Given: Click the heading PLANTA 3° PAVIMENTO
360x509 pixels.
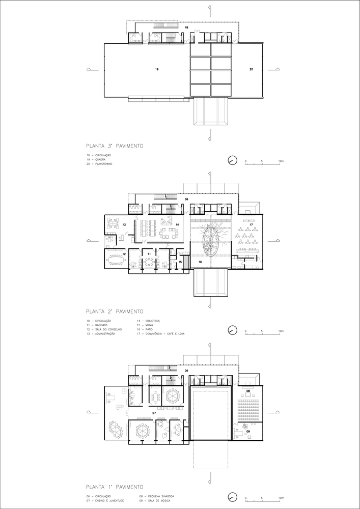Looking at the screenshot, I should point(115,146).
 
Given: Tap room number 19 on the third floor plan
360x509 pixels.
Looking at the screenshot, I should point(157,68).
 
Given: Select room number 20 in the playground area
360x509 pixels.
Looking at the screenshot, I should point(251,68).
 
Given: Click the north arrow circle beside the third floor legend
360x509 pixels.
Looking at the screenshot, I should point(232,161).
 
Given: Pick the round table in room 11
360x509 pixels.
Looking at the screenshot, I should point(149,262).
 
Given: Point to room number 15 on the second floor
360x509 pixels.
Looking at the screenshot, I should point(180,262).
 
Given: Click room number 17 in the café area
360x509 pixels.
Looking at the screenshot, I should point(251,224).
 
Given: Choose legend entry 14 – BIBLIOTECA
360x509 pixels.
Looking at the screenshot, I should point(149,321).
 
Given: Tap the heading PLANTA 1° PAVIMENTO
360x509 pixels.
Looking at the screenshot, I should point(115,486).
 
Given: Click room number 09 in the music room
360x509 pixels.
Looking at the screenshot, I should point(248,431).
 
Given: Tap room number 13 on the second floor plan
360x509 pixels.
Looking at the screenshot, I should point(124,224).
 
